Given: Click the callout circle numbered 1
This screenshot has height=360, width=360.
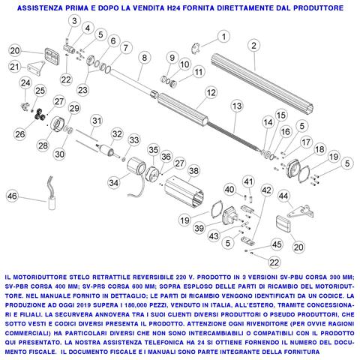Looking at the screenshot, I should pos(221,36).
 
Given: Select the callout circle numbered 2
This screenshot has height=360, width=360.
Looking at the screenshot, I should pos(254,46).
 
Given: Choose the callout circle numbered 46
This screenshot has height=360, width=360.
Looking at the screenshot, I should pos(12,196).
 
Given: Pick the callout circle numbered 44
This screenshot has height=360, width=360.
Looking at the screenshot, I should pos(283,196).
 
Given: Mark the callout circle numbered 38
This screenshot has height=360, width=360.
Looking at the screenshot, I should pos(193,171).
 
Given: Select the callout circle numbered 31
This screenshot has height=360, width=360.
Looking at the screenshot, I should pos(97,121).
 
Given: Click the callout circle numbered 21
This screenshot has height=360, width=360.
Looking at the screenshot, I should pos(14,67).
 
